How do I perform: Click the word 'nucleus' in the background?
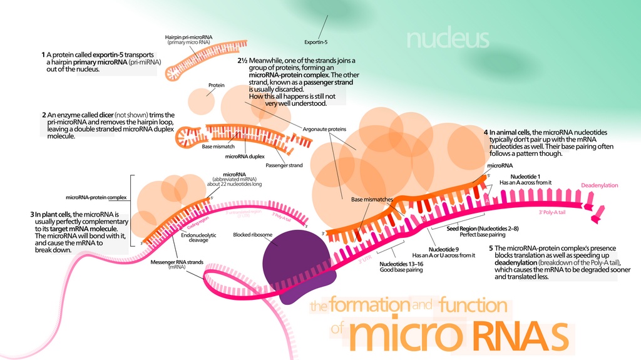[x=447, y=39]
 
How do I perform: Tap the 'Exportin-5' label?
[x=316, y=42]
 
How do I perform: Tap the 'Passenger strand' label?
[x=284, y=165]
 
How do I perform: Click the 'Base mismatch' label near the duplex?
[x=218, y=147]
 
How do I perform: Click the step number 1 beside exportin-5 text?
[x=43, y=55]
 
